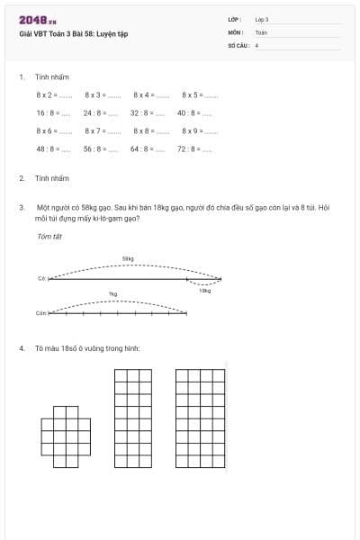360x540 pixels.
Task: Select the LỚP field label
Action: (235, 19)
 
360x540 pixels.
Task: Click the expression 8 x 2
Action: (46, 94)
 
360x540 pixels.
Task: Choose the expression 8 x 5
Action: (192, 94)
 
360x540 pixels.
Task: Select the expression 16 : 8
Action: (47, 113)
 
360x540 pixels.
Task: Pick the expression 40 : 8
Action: (187, 113)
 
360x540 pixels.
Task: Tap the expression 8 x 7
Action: (94, 131)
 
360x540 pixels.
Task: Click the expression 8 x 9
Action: (192, 131)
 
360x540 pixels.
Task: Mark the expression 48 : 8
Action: (47, 149)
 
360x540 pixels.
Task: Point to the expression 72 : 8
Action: (187, 149)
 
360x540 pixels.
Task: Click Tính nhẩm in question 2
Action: (52, 179)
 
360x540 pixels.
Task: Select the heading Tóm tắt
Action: (49, 237)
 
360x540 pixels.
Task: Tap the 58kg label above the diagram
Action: (128, 258)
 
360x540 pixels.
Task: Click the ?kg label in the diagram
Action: (112, 294)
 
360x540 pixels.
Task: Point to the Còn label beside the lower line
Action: (40, 314)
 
